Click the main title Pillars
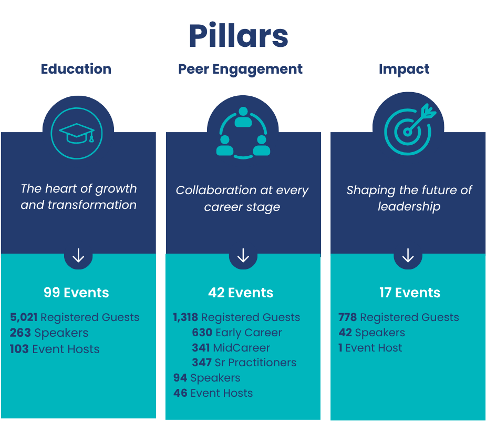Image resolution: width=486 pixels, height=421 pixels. tap(239, 36)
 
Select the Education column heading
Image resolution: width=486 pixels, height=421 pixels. tap(76, 69)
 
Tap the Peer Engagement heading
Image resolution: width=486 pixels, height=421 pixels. tap(241, 69)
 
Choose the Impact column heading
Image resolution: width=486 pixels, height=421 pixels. tap(404, 69)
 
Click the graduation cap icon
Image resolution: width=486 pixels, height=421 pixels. tap(77, 134)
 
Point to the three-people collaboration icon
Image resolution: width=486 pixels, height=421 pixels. tap(243, 133)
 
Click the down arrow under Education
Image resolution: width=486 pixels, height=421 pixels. tap(78, 256)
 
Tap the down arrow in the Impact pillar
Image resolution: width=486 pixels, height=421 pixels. tap(408, 256)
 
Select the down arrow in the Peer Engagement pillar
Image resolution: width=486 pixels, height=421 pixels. tap(243, 256)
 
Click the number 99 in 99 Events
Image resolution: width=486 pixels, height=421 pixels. tap(51, 293)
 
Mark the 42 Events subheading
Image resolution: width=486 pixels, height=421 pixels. tap(241, 293)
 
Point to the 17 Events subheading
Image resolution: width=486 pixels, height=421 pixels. tap(410, 293)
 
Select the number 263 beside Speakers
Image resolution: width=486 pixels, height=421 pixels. tap(20, 333)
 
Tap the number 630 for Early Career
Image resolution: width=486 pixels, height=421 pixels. tap(202, 333)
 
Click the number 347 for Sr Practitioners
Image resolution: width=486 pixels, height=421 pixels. tap(202, 363)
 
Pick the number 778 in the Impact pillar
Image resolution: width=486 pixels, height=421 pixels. tap(347, 317)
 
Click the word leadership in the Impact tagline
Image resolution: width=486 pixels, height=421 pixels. tap(409, 206)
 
